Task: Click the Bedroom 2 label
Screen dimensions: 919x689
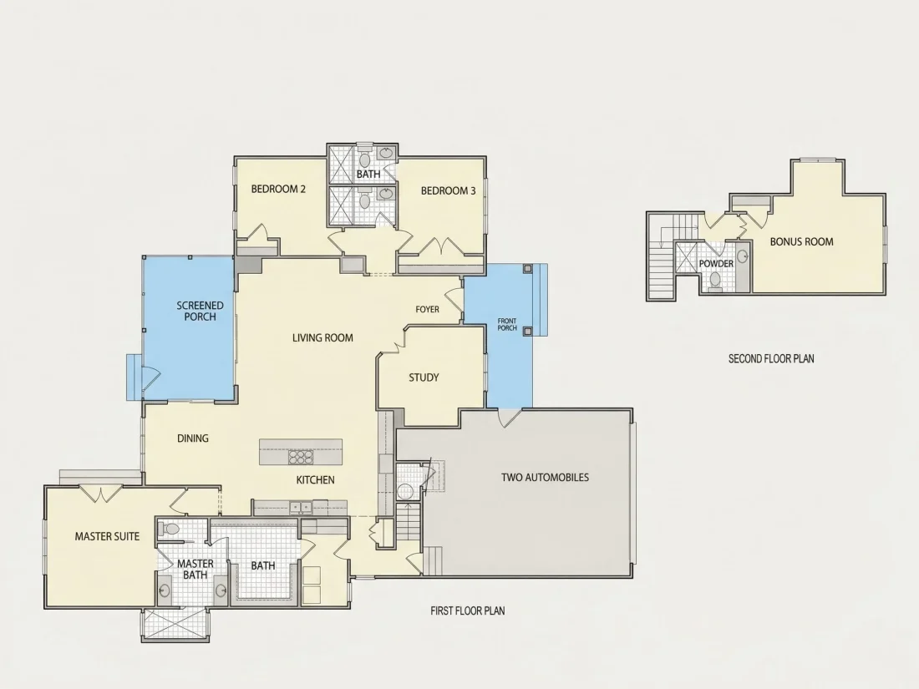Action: (x=278, y=190)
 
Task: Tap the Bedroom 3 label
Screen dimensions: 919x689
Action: (x=449, y=190)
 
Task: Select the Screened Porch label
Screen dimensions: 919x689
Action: (x=201, y=312)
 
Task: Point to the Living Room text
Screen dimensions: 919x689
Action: (x=323, y=337)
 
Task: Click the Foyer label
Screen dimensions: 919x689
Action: (x=427, y=309)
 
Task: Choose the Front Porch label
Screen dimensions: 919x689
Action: (x=508, y=325)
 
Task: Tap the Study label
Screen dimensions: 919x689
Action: (x=424, y=377)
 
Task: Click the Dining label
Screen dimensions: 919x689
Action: (x=193, y=438)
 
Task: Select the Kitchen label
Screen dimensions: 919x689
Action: (x=315, y=480)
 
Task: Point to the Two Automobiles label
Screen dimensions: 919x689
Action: (x=545, y=478)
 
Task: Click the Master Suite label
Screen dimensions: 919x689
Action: (x=107, y=536)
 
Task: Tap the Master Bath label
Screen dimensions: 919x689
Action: (x=195, y=570)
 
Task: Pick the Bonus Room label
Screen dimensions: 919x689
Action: (x=802, y=241)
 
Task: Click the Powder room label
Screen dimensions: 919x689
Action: (x=716, y=264)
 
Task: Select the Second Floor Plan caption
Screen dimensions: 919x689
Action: (x=771, y=358)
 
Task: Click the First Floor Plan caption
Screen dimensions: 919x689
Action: (x=468, y=610)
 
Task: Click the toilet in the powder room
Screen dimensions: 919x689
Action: (x=715, y=280)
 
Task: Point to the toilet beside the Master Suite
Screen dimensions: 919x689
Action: (x=169, y=529)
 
